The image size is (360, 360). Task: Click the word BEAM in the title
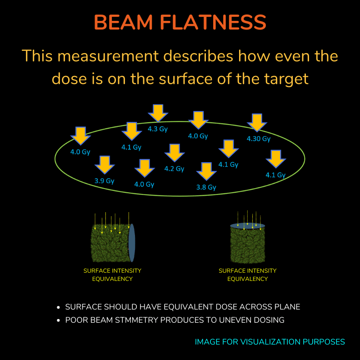(x=123, y=22)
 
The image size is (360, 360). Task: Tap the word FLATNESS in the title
(x=213, y=22)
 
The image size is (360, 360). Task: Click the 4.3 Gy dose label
(x=157, y=129)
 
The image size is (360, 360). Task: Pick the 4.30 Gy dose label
(x=259, y=139)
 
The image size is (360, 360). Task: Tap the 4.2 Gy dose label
(x=174, y=169)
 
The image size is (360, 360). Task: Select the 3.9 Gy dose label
(x=105, y=181)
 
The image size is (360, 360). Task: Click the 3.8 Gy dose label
(x=206, y=187)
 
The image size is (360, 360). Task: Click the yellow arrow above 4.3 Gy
(x=158, y=113)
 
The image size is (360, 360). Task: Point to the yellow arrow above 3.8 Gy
(x=206, y=171)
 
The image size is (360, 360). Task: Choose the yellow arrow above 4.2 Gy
(x=175, y=153)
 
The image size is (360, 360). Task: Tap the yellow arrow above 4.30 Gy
(x=257, y=123)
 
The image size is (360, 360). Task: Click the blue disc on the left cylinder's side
(x=131, y=243)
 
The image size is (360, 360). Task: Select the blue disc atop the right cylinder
(x=247, y=226)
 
